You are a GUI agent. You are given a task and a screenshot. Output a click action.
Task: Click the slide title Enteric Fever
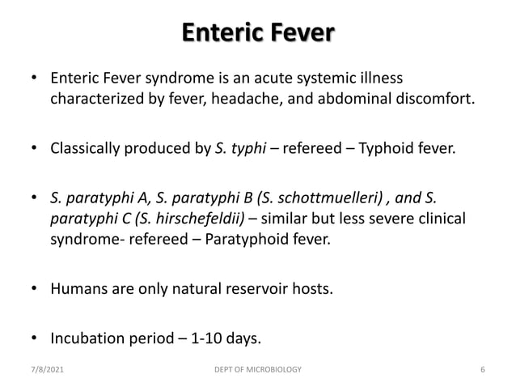point(257,34)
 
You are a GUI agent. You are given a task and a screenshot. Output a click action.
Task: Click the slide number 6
point(482,370)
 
